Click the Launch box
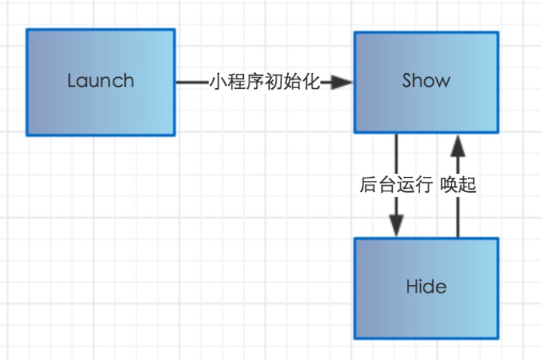(x=100, y=82)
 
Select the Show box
(x=426, y=82)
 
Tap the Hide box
(x=426, y=288)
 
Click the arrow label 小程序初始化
(x=264, y=83)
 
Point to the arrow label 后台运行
(x=396, y=185)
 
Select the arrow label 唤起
(x=458, y=185)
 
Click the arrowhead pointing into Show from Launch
(x=342, y=83)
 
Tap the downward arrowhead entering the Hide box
(x=396, y=225)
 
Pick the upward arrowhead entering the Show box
(x=458, y=146)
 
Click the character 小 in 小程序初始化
(x=219, y=83)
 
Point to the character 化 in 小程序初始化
(x=311, y=83)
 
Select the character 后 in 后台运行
(x=369, y=185)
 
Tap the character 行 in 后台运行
(x=424, y=185)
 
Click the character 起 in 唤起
(x=468, y=185)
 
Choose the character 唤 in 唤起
(x=449, y=185)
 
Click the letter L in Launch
(x=72, y=81)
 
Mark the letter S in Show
(x=408, y=81)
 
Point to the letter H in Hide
(x=411, y=286)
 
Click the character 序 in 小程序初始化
(x=255, y=83)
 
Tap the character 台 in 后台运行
(x=387, y=185)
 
